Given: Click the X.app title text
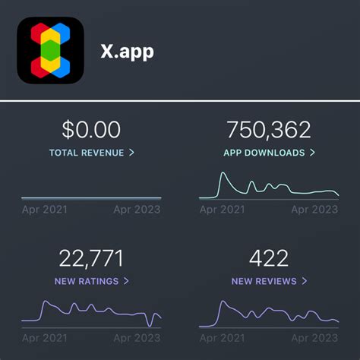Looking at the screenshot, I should (x=127, y=51).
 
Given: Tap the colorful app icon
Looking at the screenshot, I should (x=51, y=51).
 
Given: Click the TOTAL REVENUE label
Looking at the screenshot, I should (x=86, y=153).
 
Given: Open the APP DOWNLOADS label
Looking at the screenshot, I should (x=264, y=153).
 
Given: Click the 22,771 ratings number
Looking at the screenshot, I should (x=91, y=258).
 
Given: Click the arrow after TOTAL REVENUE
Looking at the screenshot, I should (x=131, y=153).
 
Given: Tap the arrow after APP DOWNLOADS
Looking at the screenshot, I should (x=311, y=153).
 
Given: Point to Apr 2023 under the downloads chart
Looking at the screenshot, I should (x=314, y=210).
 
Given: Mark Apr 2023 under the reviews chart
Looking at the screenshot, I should (x=314, y=338).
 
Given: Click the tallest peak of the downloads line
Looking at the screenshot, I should (x=223, y=174).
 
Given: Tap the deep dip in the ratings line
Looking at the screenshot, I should (x=150, y=324).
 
